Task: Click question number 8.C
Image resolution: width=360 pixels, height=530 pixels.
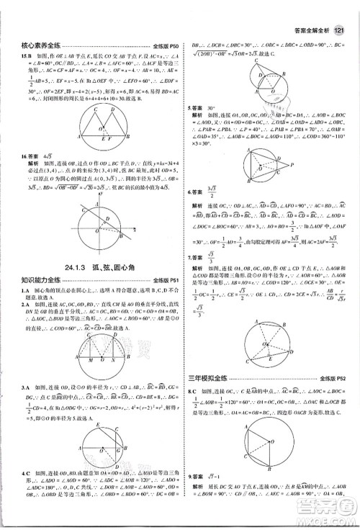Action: click(x=193, y=389)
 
